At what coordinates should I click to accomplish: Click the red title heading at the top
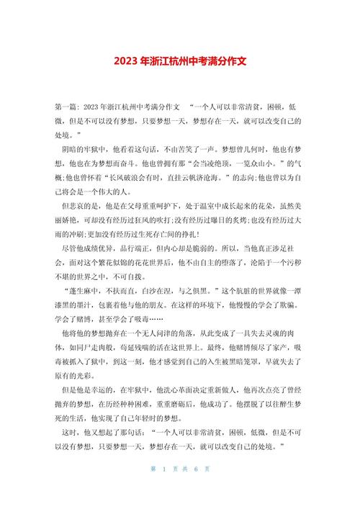point(180,62)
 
